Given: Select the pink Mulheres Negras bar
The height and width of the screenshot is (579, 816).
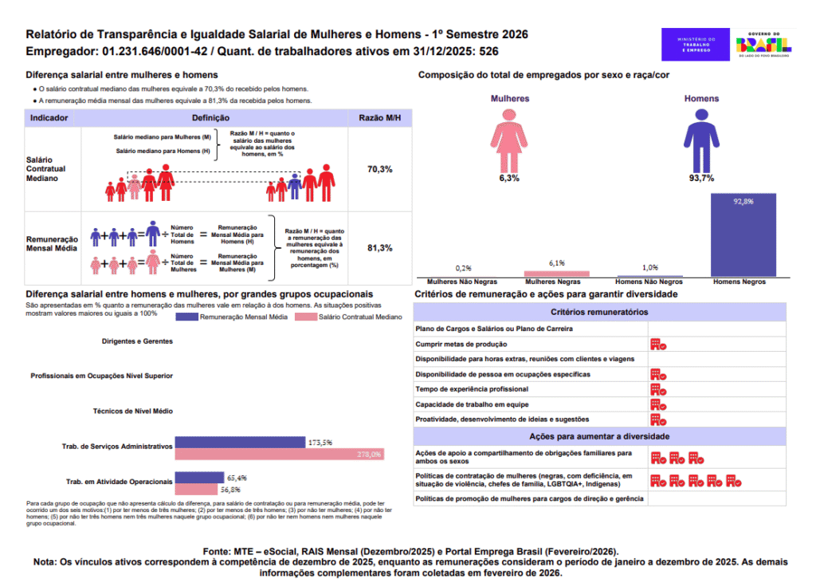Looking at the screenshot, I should pos(556,274).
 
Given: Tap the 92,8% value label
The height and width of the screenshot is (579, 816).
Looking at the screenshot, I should pos(743,202).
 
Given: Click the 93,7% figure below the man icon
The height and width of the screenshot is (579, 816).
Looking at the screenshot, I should pos(701,178).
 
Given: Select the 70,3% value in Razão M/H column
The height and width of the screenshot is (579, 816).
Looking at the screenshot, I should pos(379,170).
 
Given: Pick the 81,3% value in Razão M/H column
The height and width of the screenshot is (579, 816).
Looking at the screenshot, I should pos(379,248).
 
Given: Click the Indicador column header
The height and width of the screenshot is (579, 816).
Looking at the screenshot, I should pos(49,118).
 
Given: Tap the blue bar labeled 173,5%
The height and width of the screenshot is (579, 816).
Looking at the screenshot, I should pos(240,442).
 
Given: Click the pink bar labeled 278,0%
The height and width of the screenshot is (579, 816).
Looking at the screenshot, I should pos(279,455).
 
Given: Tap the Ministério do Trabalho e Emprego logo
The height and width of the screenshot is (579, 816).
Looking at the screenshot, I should pos(696,45).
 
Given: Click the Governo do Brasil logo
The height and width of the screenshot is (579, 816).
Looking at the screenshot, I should pos(763,45).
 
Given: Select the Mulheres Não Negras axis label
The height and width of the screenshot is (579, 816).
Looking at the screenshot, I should pos(463,282).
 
